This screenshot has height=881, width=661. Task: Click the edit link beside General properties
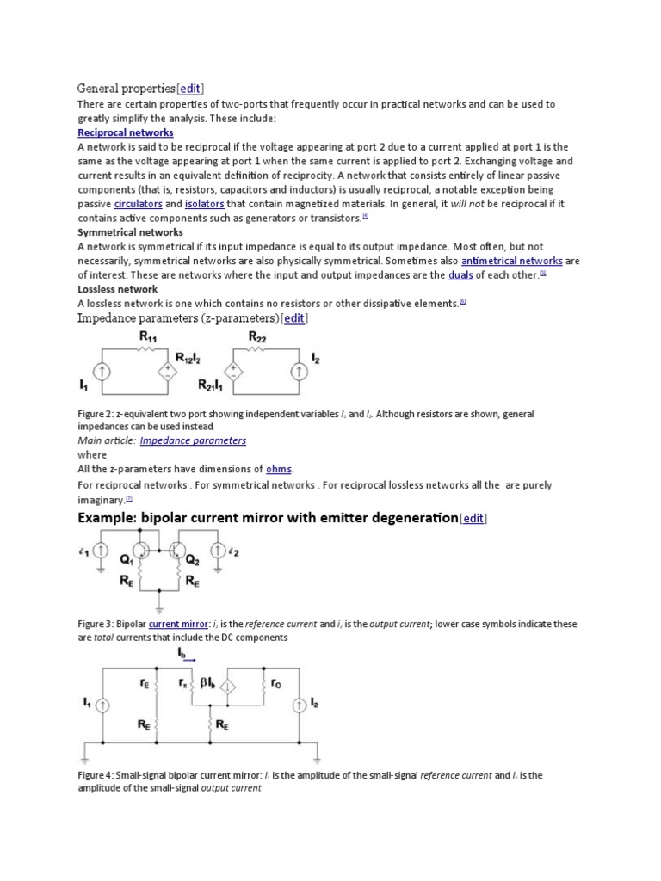[x=190, y=89]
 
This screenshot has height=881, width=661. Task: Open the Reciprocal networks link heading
[x=126, y=133]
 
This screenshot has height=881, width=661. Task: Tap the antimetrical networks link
[x=512, y=261]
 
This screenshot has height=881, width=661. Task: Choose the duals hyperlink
[x=460, y=274]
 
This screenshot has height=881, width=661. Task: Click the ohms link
[x=279, y=469]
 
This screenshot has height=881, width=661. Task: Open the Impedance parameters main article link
[x=193, y=440]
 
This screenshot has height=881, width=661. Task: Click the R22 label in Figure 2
[x=257, y=338]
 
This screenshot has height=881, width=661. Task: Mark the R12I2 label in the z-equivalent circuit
[x=191, y=357]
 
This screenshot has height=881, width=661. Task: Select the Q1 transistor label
[x=127, y=558]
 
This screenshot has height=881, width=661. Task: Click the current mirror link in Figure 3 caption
[x=176, y=624]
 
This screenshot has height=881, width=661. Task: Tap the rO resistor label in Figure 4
[x=275, y=684]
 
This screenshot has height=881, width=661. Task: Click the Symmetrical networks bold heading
[x=130, y=232]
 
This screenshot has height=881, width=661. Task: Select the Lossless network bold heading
[x=118, y=289]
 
